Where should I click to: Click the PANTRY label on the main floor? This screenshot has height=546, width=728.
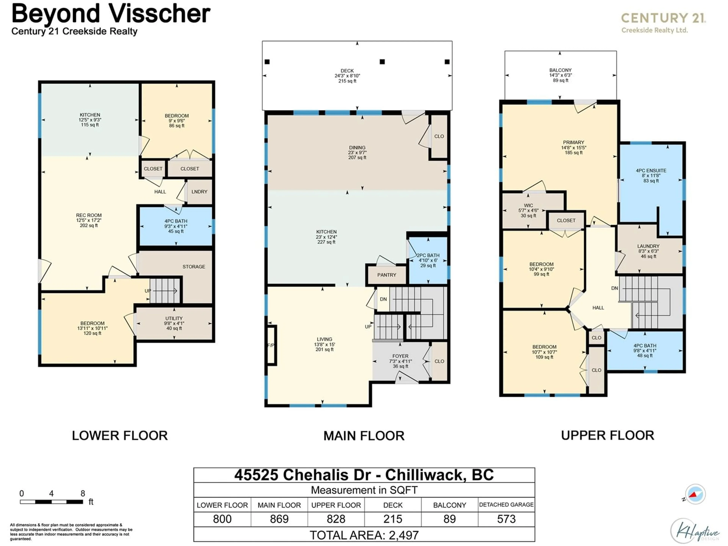[x=387, y=275]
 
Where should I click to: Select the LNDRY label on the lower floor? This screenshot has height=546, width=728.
[x=199, y=191]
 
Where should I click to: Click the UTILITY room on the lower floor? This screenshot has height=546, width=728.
[x=174, y=323]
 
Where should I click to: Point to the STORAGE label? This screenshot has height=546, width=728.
[x=194, y=267]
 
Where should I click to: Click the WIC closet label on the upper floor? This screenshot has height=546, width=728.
[x=528, y=205]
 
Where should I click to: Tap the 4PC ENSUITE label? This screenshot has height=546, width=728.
[x=651, y=170]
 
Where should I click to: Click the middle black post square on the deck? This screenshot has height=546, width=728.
[x=382, y=62]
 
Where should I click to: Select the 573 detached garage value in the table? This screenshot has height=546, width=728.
[x=506, y=519]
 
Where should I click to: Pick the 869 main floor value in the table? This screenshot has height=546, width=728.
[x=279, y=519]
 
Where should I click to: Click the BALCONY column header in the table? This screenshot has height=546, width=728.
[x=450, y=505]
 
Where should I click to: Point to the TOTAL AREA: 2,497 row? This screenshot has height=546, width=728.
[x=364, y=535]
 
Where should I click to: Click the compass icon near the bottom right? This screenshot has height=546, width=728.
[x=695, y=494]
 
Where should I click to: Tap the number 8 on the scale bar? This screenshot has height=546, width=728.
[x=83, y=493]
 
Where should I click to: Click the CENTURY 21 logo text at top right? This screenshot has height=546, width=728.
[x=663, y=18]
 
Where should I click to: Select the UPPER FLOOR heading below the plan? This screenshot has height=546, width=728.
[x=608, y=435]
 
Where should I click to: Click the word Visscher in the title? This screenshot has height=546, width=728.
[x=160, y=14]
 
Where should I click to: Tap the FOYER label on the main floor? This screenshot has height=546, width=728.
[x=400, y=356]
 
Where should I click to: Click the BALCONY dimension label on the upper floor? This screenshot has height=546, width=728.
[x=560, y=75]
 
